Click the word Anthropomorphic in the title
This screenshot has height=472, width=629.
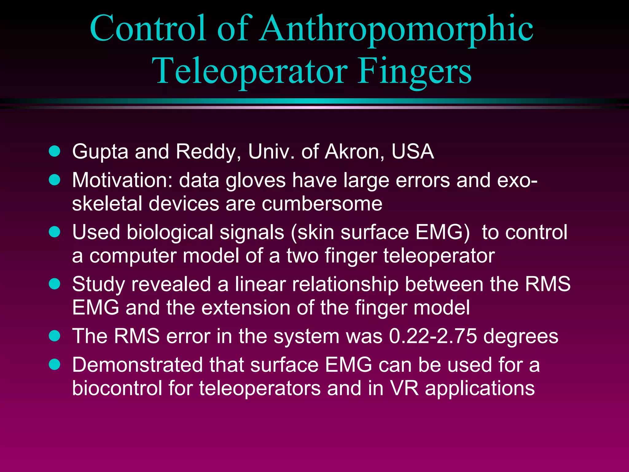396,29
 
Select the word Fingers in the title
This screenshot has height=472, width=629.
414,71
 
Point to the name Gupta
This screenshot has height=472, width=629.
100,152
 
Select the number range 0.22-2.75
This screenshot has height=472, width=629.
433,336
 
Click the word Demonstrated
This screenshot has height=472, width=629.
138,365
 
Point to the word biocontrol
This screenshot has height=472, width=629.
117,388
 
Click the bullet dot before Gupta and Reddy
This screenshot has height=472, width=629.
55,151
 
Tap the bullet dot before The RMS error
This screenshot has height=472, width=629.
55,336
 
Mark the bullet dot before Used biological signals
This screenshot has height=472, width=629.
55,232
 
